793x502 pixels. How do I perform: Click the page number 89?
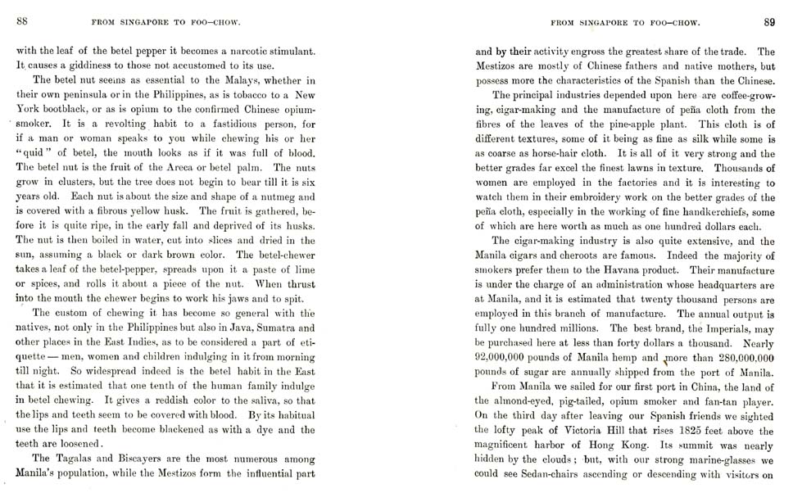click(769, 23)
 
